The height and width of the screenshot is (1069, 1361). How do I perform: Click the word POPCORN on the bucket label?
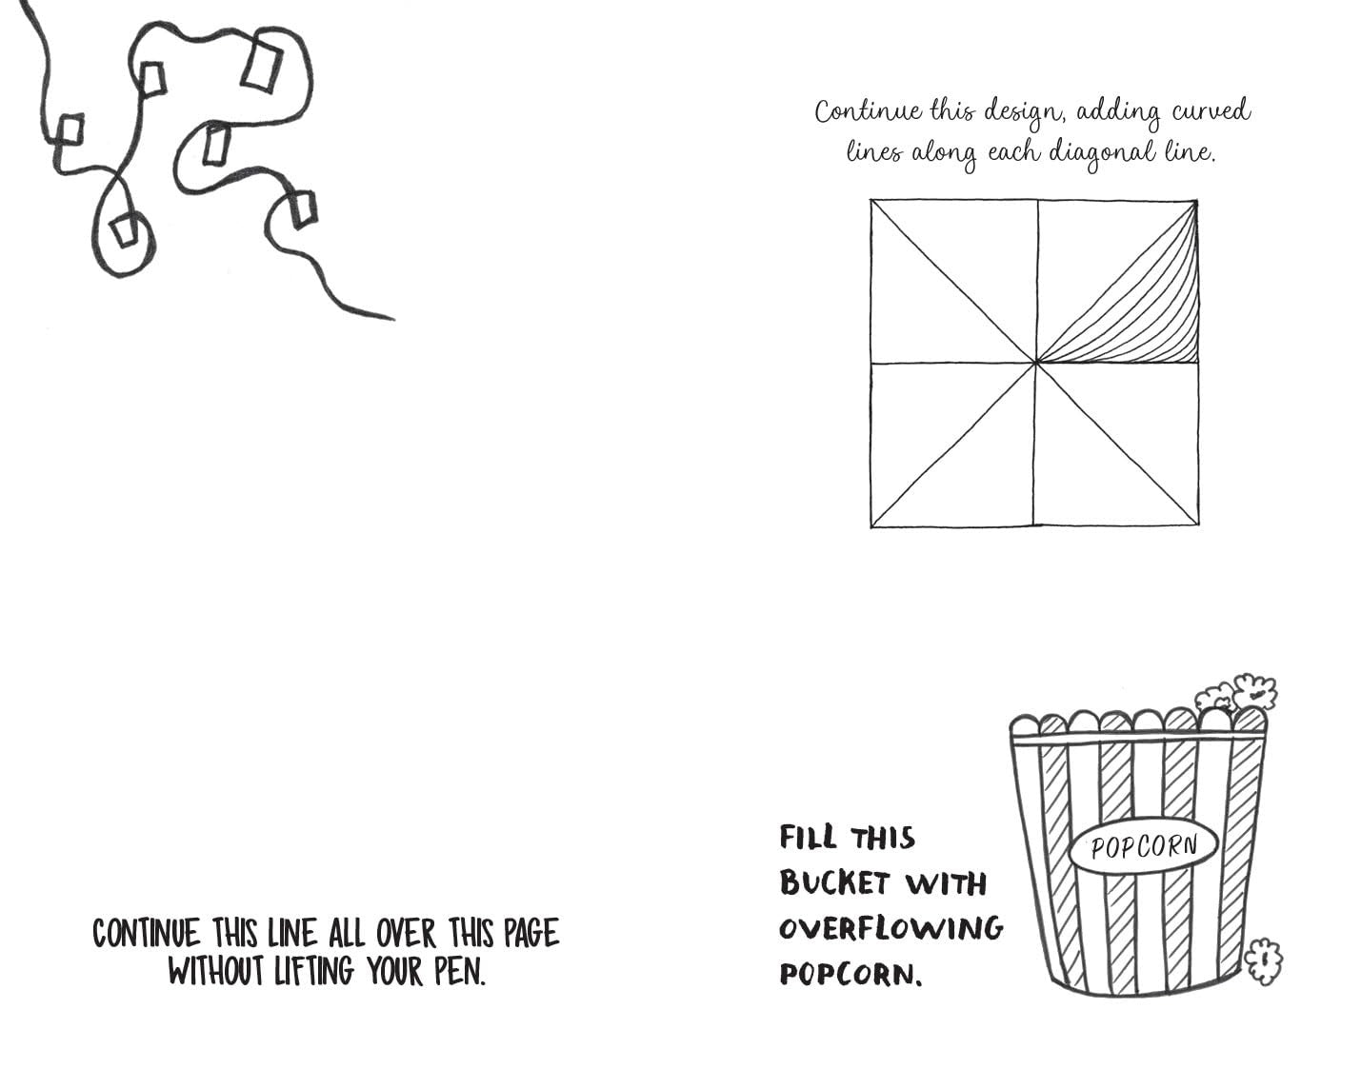[x=1144, y=846]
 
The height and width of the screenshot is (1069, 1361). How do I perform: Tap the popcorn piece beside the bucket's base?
[x=1263, y=960]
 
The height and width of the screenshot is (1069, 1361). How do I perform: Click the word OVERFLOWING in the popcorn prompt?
[x=891, y=929]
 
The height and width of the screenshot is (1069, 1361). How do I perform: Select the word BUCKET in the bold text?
[x=834, y=883]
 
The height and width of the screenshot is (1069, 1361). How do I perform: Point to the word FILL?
[x=808, y=837]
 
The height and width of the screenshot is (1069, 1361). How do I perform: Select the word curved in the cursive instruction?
[x=1211, y=110]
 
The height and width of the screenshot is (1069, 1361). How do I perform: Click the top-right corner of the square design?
[x=1197, y=201]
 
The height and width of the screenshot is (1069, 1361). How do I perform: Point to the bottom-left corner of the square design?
[x=871, y=526]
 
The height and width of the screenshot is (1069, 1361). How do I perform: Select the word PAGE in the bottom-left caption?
[x=531, y=934]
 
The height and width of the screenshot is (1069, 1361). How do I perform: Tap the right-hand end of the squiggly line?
[x=392, y=319]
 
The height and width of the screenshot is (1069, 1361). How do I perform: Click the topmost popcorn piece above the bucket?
[x=1254, y=692]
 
